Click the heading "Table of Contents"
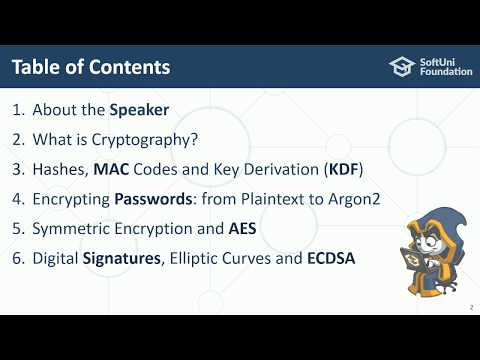click(91, 67)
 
